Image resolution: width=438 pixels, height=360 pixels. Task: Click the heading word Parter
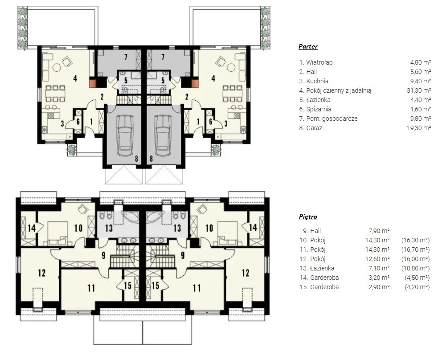[308, 46]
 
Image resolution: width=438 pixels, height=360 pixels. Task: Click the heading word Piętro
[308, 217]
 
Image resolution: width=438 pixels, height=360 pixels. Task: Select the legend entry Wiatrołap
[319, 62]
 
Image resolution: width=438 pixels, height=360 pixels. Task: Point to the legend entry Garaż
[314, 128]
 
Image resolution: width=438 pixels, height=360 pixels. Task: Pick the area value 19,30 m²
[419, 128]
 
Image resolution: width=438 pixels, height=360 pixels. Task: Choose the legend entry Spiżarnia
[318, 109]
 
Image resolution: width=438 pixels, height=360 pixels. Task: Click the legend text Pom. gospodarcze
[332, 119]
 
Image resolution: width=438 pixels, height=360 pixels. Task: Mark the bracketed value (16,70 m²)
[415, 250]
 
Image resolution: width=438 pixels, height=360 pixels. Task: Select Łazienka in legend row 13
[322, 268]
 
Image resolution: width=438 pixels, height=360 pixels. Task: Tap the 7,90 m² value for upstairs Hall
[379, 231]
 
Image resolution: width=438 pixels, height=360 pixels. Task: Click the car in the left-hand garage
[125, 135]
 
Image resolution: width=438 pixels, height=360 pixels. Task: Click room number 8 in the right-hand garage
[151, 159]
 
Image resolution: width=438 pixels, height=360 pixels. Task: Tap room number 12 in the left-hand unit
[41, 273]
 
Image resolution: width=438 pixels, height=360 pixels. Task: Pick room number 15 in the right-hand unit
[156, 285]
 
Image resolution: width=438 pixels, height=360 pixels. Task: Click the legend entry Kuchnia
[317, 81]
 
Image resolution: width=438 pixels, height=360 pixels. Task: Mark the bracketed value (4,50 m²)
[417, 278]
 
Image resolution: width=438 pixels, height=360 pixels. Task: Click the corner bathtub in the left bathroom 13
[130, 217]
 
